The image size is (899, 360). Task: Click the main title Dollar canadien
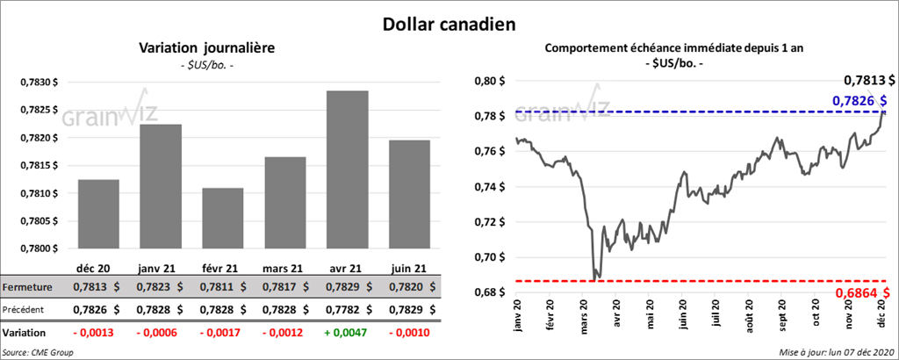450,24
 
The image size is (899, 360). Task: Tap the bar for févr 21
223,218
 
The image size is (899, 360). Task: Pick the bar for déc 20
98,213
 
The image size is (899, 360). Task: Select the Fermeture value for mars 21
284,287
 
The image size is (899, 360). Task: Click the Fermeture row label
29,287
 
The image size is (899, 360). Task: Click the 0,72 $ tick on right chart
488,222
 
